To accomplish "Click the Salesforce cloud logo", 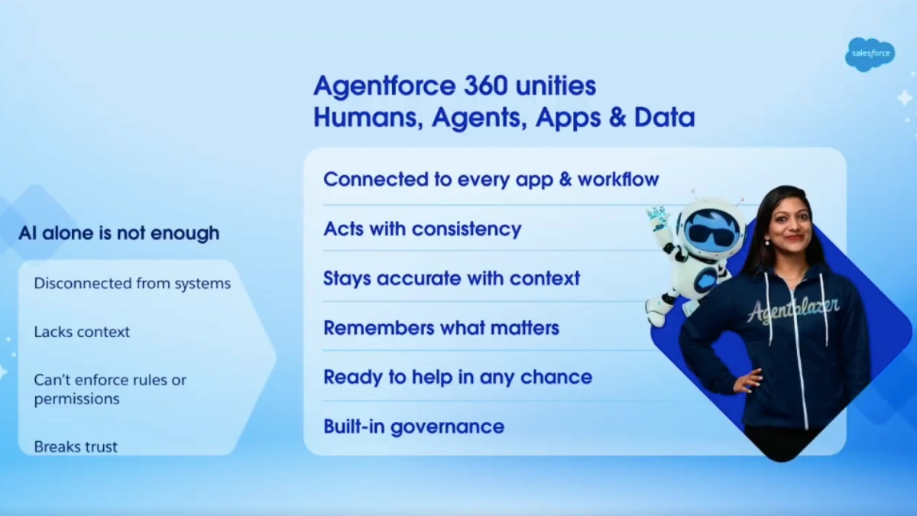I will tap(870, 54).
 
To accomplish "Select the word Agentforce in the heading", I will tap(384, 85).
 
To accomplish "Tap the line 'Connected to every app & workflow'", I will tap(491, 180).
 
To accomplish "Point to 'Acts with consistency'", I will tap(422, 229).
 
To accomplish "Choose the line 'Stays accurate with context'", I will tap(452, 278).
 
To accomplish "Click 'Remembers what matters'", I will tap(441, 328).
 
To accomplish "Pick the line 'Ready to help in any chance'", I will tap(458, 377).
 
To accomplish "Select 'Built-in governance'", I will tap(413, 427).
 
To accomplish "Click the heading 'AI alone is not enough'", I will tap(118, 233).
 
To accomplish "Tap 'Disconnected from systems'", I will tap(132, 284).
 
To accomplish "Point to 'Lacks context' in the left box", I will tap(82, 332).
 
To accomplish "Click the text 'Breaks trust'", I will tap(76, 446).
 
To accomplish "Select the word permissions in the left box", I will tap(76, 399).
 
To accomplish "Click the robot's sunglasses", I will tap(712, 230).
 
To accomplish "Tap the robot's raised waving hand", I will tap(657, 217).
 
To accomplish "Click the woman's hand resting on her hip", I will tap(748, 380).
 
